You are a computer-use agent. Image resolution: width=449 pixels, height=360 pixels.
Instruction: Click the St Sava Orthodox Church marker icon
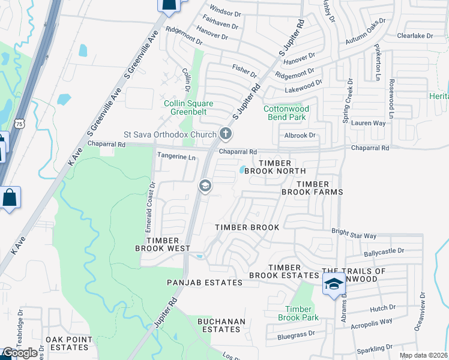coord(225,133)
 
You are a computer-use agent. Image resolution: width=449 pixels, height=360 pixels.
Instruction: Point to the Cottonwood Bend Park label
coord(286,113)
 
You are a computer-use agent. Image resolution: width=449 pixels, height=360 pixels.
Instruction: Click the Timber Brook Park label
coord(298,313)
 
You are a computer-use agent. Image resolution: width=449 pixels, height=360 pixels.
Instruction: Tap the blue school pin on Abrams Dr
coord(334,283)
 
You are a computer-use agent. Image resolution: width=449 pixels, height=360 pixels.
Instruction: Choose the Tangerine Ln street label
coord(176,157)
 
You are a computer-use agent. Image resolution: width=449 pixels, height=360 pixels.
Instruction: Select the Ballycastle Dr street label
coord(384,250)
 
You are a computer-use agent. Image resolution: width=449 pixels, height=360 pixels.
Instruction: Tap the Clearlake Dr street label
coord(415,36)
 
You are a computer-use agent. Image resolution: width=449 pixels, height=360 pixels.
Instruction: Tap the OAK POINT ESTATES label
coord(69,344)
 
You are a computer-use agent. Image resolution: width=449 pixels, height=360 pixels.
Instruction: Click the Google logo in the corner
coord(20,353)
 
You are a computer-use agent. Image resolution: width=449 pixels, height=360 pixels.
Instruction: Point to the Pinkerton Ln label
coord(378,62)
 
